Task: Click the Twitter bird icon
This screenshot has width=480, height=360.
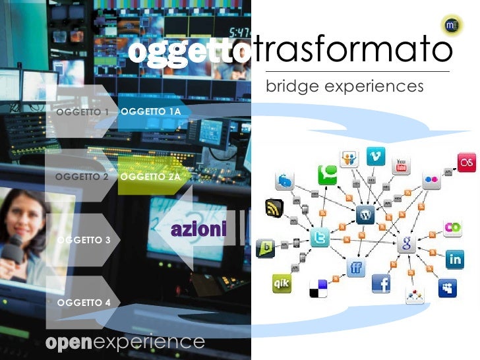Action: (x=319, y=239)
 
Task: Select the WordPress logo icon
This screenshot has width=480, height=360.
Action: (x=365, y=214)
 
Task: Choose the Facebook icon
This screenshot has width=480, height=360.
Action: (x=381, y=284)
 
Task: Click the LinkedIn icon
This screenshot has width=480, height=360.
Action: (x=454, y=259)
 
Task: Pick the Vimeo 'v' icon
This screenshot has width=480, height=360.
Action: (x=376, y=157)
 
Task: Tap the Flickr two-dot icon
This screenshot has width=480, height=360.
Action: (x=431, y=179)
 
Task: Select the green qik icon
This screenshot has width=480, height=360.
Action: (x=282, y=284)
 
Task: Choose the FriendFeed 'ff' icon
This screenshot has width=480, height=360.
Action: (x=356, y=267)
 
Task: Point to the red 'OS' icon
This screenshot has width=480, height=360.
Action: (x=467, y=163)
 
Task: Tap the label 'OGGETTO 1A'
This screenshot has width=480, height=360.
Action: (x=151, y=111)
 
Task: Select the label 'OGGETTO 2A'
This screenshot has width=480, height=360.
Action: (x=151, y=177)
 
